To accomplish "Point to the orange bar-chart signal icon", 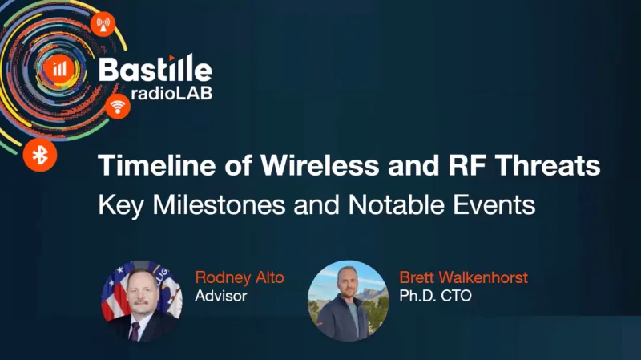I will [x=59, y=69].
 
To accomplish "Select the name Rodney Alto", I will [x=238, y=278].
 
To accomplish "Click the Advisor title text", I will [x=221, y=297].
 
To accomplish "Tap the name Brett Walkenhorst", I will [x=463, y=278].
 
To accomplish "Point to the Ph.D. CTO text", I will [x=433, y=297].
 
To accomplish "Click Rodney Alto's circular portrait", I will [x=142, y=300].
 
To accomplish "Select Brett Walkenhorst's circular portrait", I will [x=349, y=300].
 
